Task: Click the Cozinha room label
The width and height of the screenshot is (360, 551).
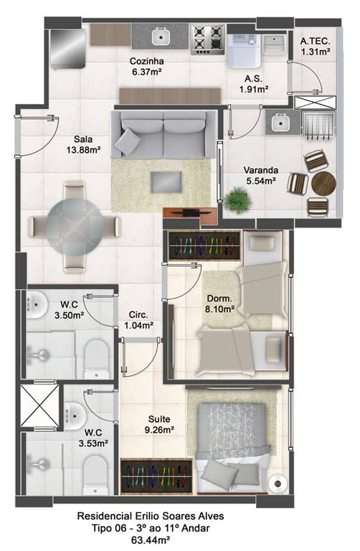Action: pyautogui.click(x=146, y=61)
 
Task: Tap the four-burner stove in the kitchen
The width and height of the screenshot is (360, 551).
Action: pyautogui.click(x=207, y=39)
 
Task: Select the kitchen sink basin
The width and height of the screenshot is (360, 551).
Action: pyautogui.click(x=161, y=36)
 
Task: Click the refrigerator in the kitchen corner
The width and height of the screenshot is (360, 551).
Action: pyautogui.click(x=67, y=49)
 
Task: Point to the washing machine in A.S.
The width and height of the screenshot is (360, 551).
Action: pyautogui.click(x=244, y=50)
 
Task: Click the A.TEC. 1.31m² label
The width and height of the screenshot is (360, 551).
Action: pyautogui.click(x=315, y=47)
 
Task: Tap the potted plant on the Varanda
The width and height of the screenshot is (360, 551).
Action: pyautogui.click(x=238, y=199)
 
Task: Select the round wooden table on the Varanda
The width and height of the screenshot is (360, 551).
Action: pyautogui.click(x=323, y=183)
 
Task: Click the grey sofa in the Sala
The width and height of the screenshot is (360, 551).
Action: pyautogui.click(x=164, y=135)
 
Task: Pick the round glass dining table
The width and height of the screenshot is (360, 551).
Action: pyautogui.click(x=75, y=225)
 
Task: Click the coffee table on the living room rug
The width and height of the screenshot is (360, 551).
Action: pyautogui.click(x=166, y=182)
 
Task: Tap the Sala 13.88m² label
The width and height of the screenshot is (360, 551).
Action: pyautogui.click(x=84, y=144)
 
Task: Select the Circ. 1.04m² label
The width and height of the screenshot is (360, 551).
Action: pyautogui.click(x=138, y=320)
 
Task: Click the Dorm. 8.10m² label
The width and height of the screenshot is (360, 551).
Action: pyautogui.click(x=220, y=303)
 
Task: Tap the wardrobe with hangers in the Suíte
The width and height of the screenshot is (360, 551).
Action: pyautogui.click(x=156, y=476)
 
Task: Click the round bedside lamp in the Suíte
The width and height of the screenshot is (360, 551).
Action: pyautogui.click(x=278, y=483)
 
